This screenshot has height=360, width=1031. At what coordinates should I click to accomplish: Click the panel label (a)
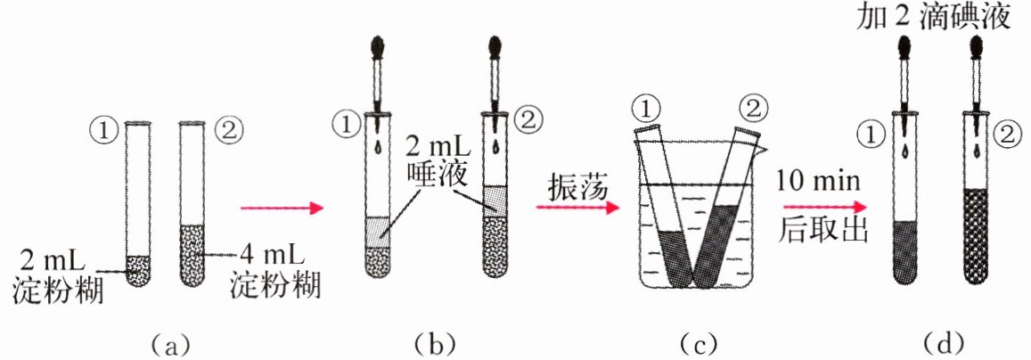click(x=167, y=342)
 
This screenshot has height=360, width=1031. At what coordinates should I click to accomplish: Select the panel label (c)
click(x=695, y=342)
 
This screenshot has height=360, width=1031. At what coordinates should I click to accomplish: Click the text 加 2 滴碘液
click(x=932, y=18)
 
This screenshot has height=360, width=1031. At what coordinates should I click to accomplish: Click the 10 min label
click(x=818, y=182)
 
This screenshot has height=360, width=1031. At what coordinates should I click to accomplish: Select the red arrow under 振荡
click(x=577, y=209)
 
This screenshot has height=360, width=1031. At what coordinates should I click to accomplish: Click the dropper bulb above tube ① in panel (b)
click(x=380, y=46)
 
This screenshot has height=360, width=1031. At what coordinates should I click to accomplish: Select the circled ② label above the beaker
click(x=749, y=109)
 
